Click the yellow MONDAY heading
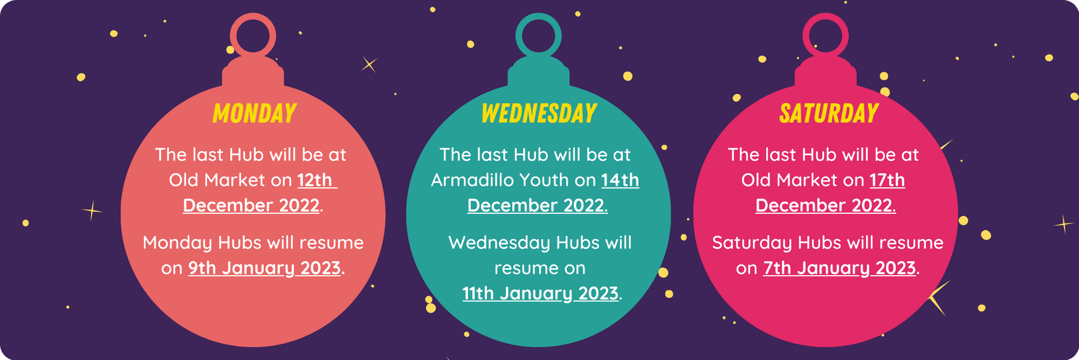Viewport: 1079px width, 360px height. (254, 113)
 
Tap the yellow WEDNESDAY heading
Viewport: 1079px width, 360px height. (539, 113)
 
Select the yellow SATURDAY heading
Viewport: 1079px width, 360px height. (829, 113)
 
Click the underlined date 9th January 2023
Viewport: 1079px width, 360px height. (264, 268)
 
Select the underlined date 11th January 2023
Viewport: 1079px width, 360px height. (540, 294)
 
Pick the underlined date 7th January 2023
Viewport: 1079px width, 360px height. (839, 268)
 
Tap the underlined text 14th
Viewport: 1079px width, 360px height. (620, 180)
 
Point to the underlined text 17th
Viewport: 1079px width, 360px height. (887, 180)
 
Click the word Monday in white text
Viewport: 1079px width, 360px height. (177, 243)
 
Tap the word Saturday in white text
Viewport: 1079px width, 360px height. (752, 243)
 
